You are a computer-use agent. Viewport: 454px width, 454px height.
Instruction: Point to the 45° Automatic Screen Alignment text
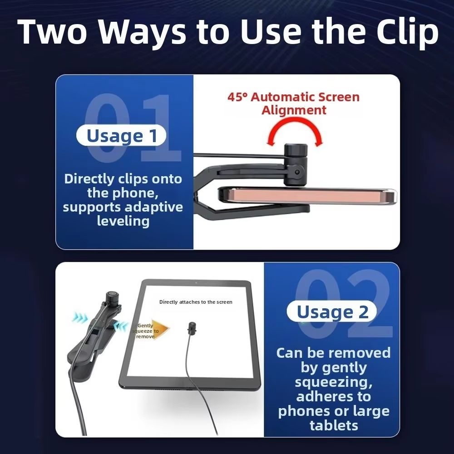(293, 103)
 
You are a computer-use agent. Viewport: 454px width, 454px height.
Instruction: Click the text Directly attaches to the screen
(196, 302)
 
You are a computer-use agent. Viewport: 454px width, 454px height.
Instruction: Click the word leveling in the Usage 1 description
(123, 222)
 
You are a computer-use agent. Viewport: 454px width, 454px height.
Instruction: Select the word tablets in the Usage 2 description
(334, 425)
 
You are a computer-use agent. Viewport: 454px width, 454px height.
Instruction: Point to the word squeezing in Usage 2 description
(334, 382)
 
